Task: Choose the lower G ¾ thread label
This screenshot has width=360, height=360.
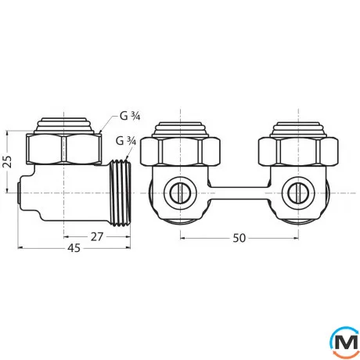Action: [x=125, y=141]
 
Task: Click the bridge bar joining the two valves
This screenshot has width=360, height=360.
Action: [x=239, y=190]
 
